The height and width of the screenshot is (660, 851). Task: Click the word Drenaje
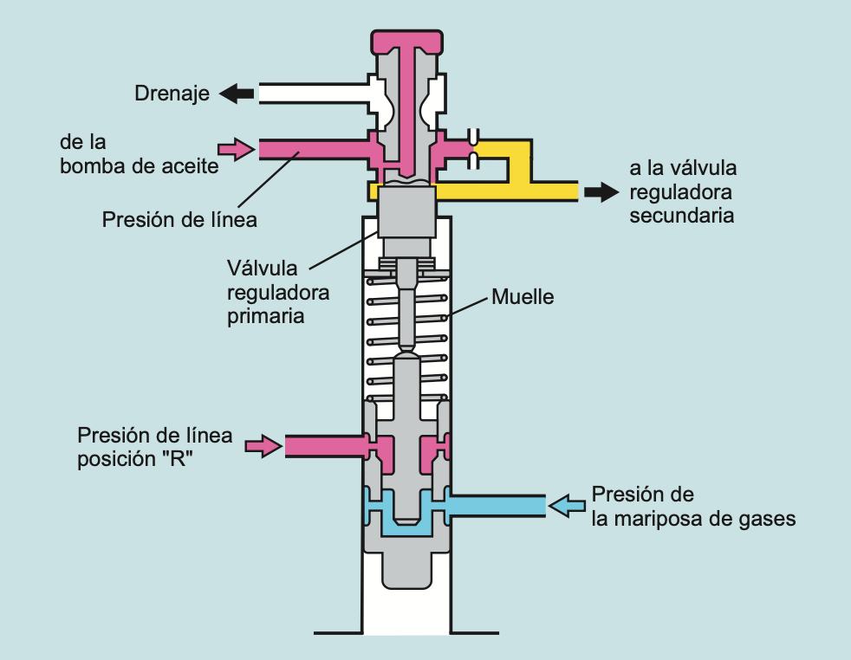point(172,94)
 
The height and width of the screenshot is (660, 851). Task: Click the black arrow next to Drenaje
point(236,94)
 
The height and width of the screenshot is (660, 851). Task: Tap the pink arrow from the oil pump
point(232,149)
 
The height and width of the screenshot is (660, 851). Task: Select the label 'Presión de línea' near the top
point(179,220)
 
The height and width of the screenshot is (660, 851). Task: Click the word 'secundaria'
point(682,216)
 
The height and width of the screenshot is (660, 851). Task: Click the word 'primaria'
point(266,316)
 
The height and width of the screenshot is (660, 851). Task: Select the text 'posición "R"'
point(134,459)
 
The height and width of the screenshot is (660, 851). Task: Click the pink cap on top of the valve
point(405,40)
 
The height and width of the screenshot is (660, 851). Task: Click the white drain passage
point(312,94)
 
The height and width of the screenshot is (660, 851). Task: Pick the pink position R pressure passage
point(325,446)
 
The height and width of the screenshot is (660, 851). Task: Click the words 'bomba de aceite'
point(140,166)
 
